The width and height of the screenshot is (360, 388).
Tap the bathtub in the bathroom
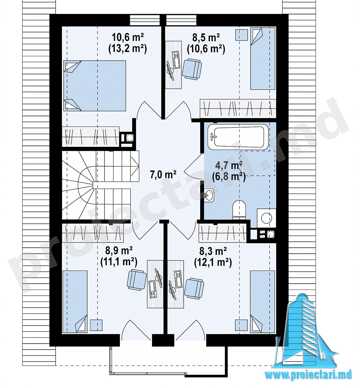pyautogui.click(x=238, y=137)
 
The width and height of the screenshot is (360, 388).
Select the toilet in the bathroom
pyautogui.click(x=239, y=210)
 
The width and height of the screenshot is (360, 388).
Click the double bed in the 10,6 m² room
pyautogui.click(x=94, y=86)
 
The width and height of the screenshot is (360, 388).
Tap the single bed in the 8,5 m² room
pyautogui.click(x=263, y=58)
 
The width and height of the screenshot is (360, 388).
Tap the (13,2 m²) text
pyautogui.click(x=128, y=49)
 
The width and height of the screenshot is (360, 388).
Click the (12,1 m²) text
pyautogui.click(x=213, y=263)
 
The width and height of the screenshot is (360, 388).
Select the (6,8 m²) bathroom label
pyautogui.click(x=229, y=177)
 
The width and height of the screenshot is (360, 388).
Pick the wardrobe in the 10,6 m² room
pyautogui.click(x=91, y=137)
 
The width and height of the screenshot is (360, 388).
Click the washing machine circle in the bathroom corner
pyautogui.click(x=266, y=218)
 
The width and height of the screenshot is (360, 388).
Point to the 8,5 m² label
pyautogui.click(x=206, y=38)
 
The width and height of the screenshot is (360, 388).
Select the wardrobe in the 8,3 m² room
pyautogui.click(x=222, y=233)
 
